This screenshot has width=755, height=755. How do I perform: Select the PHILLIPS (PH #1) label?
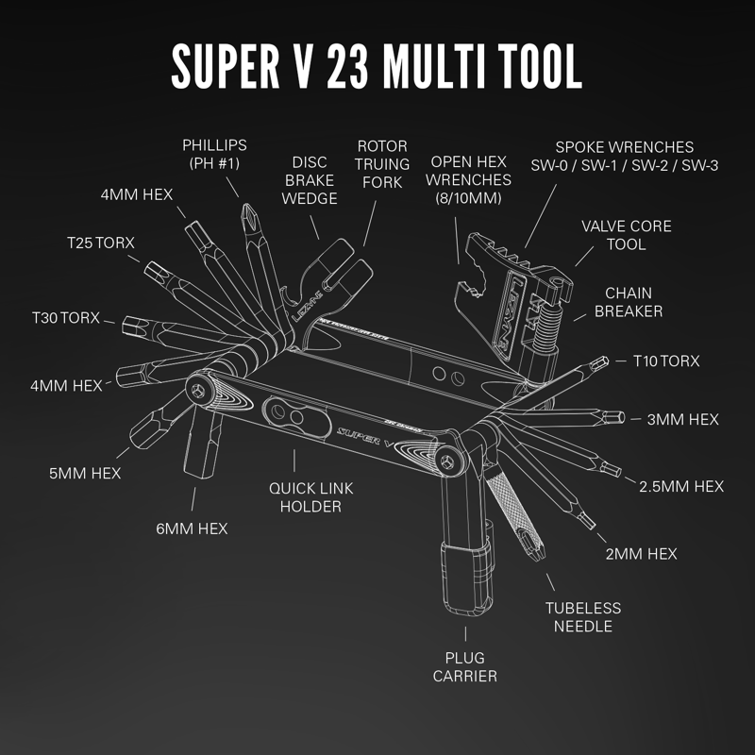[214, 154]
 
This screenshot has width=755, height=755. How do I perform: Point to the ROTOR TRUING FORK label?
[381, 164]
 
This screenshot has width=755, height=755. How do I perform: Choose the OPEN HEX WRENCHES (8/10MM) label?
[469, 179]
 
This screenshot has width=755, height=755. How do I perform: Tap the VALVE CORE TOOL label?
[626, 235]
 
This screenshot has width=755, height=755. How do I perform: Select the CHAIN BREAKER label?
[629, 302]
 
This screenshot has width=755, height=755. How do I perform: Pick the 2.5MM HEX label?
[681, 486]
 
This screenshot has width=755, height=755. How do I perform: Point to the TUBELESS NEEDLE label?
[587, 617]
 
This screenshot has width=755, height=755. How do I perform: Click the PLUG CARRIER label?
[464, 665]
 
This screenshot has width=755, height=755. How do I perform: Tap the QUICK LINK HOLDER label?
[305, 497]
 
